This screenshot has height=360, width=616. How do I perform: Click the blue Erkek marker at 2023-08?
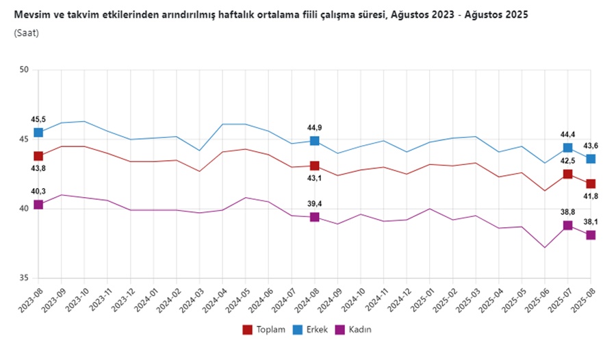[x=38, y=132]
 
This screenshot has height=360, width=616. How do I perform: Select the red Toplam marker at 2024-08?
[x=314, y=166]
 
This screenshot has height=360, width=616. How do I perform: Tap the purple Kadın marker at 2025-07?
[x=567, y=225]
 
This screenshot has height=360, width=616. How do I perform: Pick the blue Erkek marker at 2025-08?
[x=590, y=159]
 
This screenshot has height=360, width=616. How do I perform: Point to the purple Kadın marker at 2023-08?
[x=38, y=205]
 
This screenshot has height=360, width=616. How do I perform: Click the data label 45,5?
[x=38, y=119]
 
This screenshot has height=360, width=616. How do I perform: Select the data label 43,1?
[x=314, y=179]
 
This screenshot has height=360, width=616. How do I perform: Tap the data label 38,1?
[x=590, y=222]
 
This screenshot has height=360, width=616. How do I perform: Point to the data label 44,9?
[x=314, y=127]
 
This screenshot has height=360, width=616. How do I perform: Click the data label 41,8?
[x=590, y=197]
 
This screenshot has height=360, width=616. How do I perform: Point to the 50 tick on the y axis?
[x=24, y=70]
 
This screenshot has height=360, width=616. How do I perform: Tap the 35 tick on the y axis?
[x=24, y=278]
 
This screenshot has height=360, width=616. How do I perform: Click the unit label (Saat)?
[x=26, y=32]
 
